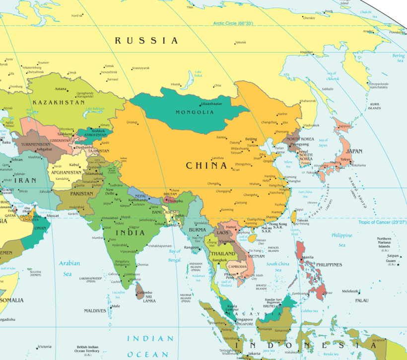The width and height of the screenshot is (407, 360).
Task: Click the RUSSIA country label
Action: [146, 41]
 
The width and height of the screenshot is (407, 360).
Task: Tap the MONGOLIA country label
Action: [195, 112]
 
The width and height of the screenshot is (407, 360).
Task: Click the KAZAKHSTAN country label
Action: [59, 102]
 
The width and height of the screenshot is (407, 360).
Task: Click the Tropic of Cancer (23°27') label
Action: [382, 222]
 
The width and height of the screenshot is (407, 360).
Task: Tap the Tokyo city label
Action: [345, 159]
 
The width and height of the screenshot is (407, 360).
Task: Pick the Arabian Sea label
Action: [69, 269]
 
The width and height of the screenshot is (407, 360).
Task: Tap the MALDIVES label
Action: [95, 311]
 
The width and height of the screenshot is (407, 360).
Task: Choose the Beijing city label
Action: [252, 139]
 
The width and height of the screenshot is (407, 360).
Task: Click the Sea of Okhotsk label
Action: [333, 76]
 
